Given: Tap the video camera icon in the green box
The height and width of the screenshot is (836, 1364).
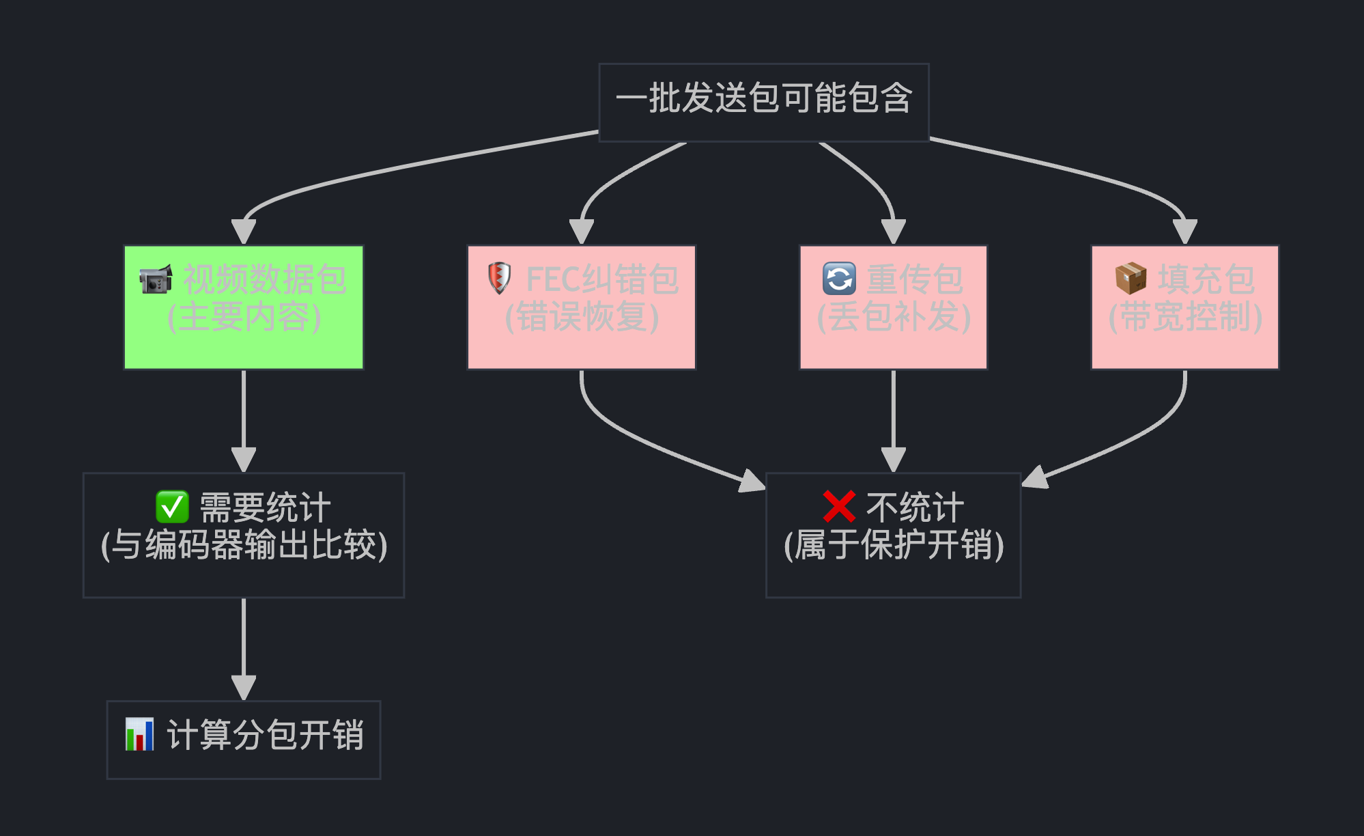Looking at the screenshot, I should tap(156, 279).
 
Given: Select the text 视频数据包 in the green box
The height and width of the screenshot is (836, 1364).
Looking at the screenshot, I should tap(265, 279).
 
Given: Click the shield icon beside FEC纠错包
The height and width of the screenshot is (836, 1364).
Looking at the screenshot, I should tap(499, 278).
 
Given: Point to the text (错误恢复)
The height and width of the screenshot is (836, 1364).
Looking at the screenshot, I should tap(582, 317).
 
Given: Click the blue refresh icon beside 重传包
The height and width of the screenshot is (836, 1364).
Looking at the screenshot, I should tap(838, 279).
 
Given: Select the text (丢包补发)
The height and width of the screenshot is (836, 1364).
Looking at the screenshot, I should tap(894, 317).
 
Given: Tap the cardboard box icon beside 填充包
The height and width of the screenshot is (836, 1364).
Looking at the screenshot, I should tap(1131, 278).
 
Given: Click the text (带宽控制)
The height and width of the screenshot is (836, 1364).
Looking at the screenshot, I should tap(1185, 317).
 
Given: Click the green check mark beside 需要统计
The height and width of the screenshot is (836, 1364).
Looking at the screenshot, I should tap(172, 507).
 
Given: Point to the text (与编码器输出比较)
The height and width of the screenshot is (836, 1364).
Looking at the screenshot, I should tap(244, 545).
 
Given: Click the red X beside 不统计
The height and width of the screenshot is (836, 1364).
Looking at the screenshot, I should tap(839, 507).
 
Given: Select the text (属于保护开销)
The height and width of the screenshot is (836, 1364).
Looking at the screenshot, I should tap(894, 545).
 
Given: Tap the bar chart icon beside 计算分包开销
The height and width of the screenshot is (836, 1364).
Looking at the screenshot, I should tap(140, 734).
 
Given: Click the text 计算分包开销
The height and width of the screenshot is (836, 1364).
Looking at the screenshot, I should tap(265, 736).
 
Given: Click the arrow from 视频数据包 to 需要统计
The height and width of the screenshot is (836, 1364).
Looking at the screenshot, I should tap(244, 417).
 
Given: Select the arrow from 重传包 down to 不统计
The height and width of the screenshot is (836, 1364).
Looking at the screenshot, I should tap(894, 417).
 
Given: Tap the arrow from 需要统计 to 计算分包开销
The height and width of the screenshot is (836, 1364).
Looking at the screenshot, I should tap(244, 645).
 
